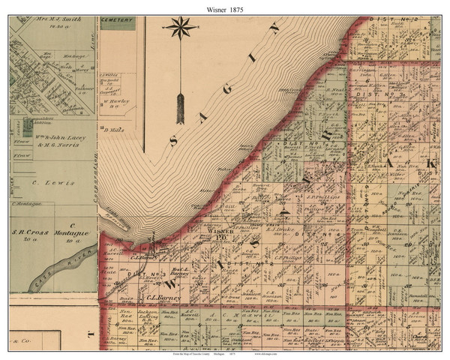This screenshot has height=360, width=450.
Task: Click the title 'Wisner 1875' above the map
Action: pyautogui.click(x=225, y=7)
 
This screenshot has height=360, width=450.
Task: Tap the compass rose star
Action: pyautogui.click(x=181, y=29)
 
